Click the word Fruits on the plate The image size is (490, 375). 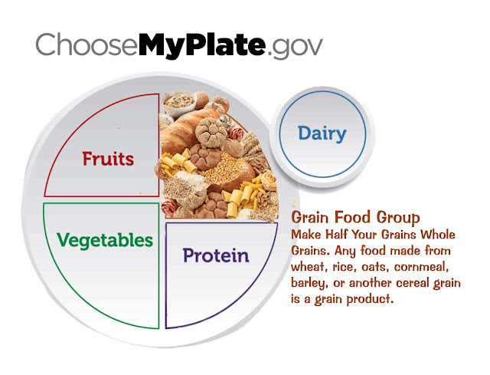click(109, 159)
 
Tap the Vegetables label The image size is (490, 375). click(105, 240)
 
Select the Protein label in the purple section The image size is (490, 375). click(215, 255)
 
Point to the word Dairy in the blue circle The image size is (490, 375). click(322, 133)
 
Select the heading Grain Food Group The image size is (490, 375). click(355, 218)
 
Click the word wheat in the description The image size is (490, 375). click(309, 268)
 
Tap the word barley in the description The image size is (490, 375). click(309, 284)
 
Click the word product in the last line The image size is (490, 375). click(371, 300)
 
